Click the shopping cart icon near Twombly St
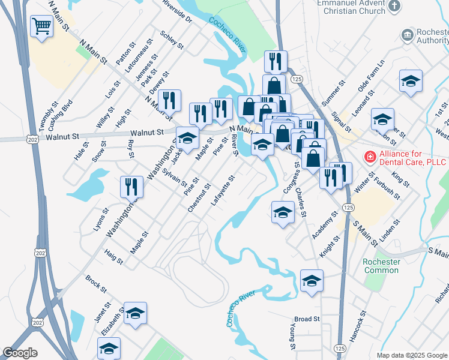[41, 26]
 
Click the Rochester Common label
[381, 266]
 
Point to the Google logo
[20, 353]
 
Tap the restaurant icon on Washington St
[131, 187]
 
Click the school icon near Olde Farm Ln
[411, 81]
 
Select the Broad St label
[307, 319]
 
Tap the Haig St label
[113, 257]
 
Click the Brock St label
[96, 283]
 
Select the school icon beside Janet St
[136, 313]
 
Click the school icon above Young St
[312, 280]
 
